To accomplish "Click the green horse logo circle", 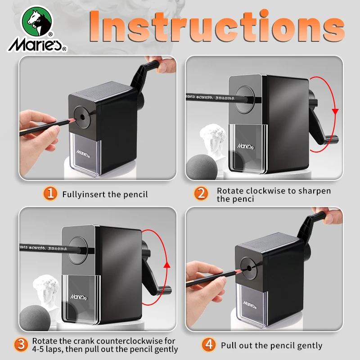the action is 37,21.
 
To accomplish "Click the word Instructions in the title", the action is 217,26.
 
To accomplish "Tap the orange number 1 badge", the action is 50,193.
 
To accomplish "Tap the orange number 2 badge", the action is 201,193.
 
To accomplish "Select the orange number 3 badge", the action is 21,344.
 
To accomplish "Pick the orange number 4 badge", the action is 209,344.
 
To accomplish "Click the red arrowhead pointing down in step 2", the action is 335,112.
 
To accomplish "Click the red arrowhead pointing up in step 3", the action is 167,265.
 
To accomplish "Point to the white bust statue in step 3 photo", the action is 45,293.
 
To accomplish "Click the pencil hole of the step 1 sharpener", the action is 82,117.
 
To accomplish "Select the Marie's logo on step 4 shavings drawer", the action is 249,305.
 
